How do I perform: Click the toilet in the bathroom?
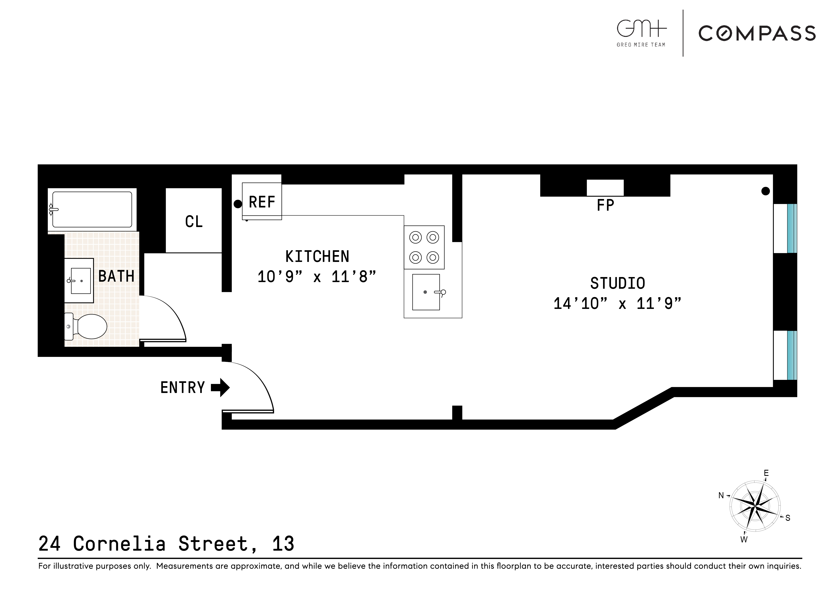click(90, 326)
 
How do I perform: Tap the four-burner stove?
click(424, 247)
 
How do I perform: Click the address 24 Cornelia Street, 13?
click(166, 544)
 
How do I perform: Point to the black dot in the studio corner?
click(765, 191)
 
